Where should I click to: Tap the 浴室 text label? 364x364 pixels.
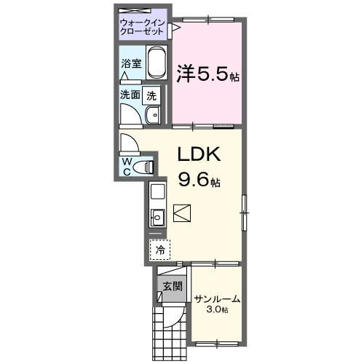click(x=132, y=63)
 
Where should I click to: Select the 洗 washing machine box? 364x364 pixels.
click(x=151, y=94)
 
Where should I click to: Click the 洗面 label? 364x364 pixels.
click(x=131, y=94)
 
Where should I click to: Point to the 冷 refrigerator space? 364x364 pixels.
click(x=159, y=250)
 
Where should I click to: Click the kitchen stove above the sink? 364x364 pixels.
click(x=158, y=192)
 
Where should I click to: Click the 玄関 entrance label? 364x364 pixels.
click(x=172, y=286)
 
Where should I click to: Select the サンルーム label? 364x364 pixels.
click(x=217, y=299)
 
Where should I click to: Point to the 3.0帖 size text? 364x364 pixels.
click(x=217, y=311)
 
